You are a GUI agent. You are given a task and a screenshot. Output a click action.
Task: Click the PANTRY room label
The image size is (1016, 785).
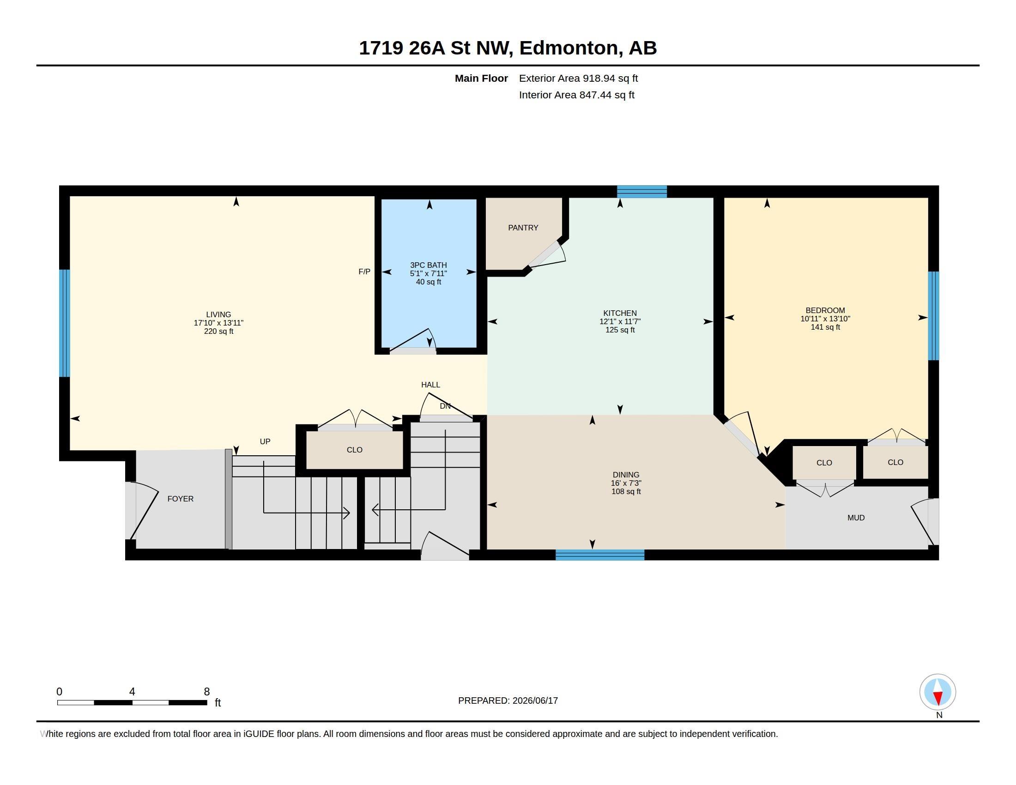click(523, 227)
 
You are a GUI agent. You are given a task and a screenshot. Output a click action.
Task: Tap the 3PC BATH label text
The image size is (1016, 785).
click(428, 265)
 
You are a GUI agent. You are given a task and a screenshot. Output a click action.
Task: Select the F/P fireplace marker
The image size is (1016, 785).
click(364, 272)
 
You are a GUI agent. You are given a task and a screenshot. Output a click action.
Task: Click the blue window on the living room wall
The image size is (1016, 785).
click(65, 323)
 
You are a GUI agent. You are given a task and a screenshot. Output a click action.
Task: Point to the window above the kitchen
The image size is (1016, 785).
click(642, 192)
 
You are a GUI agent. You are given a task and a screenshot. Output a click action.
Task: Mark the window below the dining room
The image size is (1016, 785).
click(599, 555)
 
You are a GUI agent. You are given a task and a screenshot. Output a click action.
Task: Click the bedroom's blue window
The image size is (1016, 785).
click(933, 316)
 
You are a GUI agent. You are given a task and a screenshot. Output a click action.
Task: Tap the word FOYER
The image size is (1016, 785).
click(181, 499)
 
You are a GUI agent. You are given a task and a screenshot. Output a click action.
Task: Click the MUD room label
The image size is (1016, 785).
click(856, 518)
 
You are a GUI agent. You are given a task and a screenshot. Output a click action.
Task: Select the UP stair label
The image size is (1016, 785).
click(265, 441)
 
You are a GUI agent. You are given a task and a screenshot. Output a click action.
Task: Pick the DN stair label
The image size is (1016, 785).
click(445, 406)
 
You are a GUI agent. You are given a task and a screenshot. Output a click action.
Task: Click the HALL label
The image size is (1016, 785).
click(430, 385)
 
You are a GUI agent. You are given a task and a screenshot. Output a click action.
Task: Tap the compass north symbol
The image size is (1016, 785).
click(938, 693)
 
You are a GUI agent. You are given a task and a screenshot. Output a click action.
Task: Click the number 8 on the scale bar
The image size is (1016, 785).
click(207, 692)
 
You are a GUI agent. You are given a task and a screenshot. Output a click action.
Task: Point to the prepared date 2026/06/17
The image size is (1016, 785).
click(535, 700)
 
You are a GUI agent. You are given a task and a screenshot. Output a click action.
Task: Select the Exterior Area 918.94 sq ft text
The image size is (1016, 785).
click(578, 78)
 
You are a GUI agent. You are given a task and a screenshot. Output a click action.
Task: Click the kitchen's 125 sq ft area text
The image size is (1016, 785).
click(620, 330)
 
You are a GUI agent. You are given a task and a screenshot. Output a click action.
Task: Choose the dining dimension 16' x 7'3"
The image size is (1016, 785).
click(626, 483)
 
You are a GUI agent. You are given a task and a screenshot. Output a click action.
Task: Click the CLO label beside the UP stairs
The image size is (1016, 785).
click(355, 450)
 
